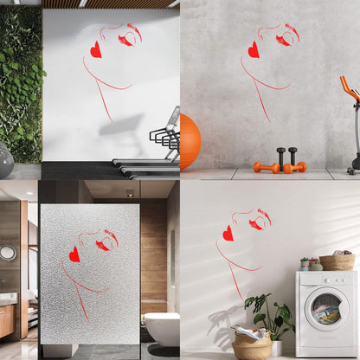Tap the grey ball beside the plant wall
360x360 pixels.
click(x=4, y=160)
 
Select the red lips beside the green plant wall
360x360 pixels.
click(x=95, y=49)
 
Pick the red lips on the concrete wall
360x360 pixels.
click(x=254, y=50)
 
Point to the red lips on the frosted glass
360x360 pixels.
click(x=74, y=254)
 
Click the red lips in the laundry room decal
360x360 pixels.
click(x=228, y=234)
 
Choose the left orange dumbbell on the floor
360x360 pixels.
click(x=266, y=167)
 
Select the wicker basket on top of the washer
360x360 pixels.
click(x=337, y=261)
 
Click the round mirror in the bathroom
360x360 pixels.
click(x=8, y=253)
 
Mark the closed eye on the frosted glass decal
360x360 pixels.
click(x=103, y=245)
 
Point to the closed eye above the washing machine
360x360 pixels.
click(x=257, y=224)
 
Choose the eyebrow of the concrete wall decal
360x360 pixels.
click(x=293, y=32)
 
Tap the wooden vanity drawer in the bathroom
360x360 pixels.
click(x=6, y=320)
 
